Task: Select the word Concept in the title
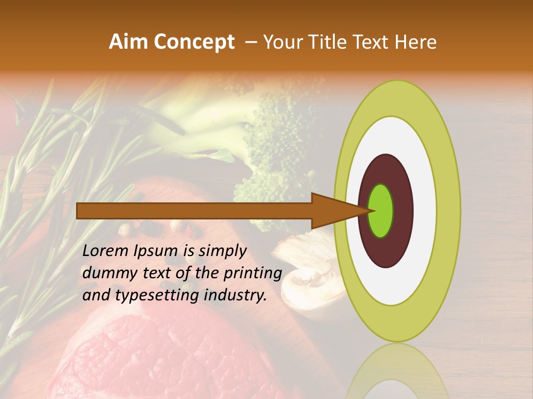[194, 43]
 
